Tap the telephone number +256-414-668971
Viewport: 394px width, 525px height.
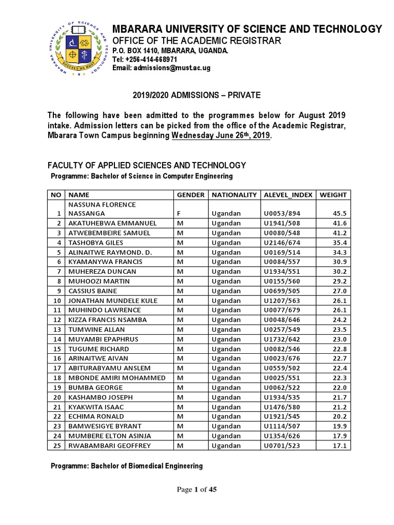click(x=141, y=59)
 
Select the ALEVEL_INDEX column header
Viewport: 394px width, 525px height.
click(x=287, y=195)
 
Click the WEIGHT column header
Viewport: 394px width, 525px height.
click(x=333, y=195)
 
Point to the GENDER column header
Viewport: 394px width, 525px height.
click(x=191, y=195)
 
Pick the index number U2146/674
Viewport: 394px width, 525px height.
click(x=281, y=243)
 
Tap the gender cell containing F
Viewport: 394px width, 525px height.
click(x=179, y=213)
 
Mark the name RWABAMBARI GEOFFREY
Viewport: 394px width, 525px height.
click(x=109, y=446)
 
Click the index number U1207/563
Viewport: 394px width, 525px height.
click(x=281, y=300)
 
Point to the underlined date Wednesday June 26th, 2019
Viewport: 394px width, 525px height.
click(x=221, y=136)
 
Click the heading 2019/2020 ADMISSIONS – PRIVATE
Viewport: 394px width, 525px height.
click(x=197, y=95)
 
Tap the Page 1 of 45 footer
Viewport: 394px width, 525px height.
click(x=197, y=490)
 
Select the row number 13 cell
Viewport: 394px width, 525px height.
click(x=57, y=330)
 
